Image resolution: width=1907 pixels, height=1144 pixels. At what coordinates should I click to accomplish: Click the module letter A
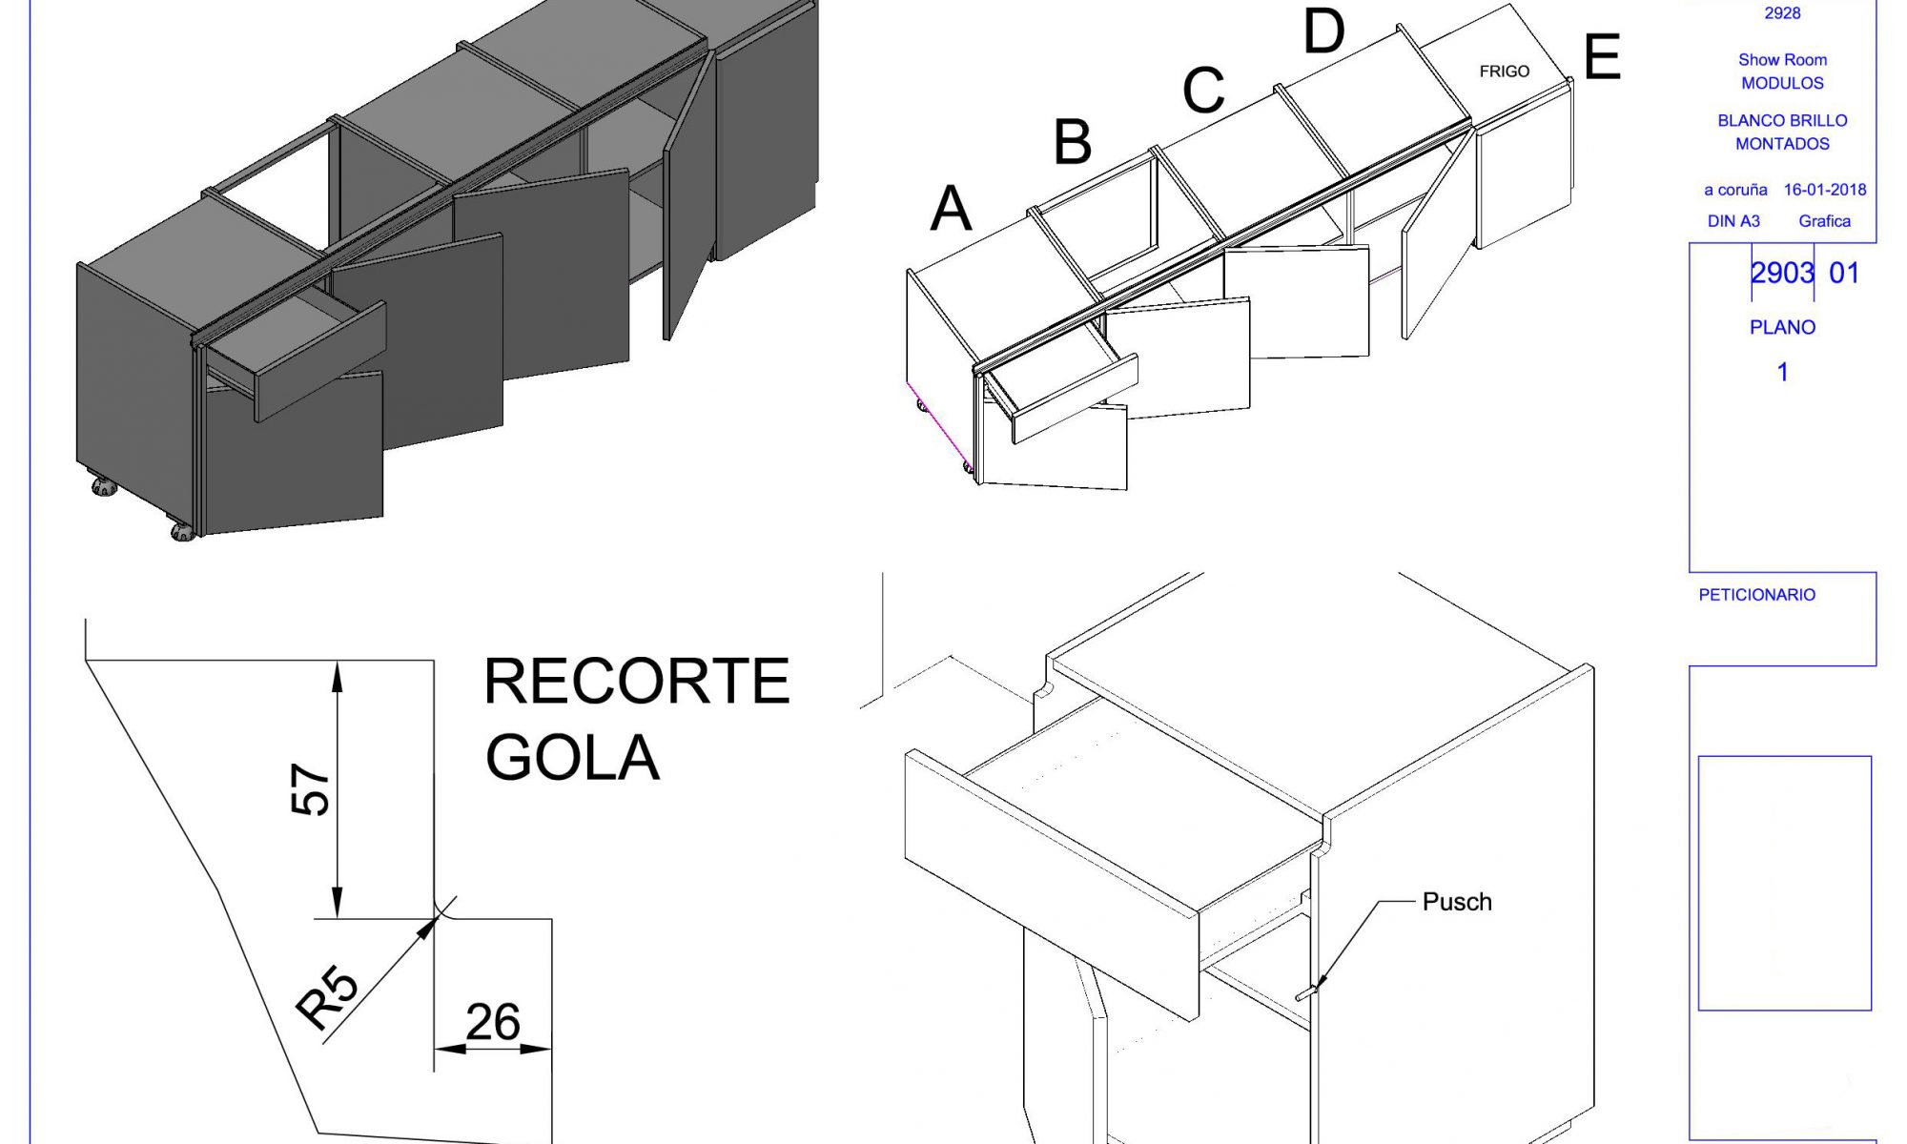pyautogui.click(x=951, y=209)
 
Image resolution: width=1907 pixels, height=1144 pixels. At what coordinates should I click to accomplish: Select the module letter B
pyautogui.click(x=1072, y=142)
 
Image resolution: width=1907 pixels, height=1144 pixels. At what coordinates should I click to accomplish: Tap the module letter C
pyautogui.click(x=1202, y=91)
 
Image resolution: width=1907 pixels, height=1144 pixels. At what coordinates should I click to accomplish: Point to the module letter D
pyautogui.click(x=1323, y=32)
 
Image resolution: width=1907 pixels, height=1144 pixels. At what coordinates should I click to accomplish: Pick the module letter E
pyautogui.click(x=1602, y=57)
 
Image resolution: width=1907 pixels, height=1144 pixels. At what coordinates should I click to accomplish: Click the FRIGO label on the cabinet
pyautogui.click(x=1504, y=71)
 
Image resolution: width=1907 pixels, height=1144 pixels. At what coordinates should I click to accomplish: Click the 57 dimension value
pyautogui.click(x=310, y=788)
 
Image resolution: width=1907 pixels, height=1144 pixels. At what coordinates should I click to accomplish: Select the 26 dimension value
pyautogui.click(x=492, y=1022)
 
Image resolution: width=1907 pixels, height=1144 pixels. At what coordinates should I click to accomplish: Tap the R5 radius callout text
pyautogui.click(x=327, y=996)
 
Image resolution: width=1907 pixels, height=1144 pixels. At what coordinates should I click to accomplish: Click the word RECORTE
pyautogui.click(x=636, y=682)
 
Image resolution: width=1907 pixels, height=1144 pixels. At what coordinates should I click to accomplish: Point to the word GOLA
pyautogui.click(x=572, y=758)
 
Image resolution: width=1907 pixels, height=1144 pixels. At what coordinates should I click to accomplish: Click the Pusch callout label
pyautogui.click(x=1456, y=902)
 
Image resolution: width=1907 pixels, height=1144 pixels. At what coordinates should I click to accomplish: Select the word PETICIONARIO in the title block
pyautogui.click(x=1756, y=595)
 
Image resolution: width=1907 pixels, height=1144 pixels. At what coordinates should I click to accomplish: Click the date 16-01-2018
pyautogui.click(x=1824, y=190)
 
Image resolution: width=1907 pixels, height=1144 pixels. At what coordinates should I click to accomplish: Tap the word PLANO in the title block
pyautogui.click(x=1781, y=327)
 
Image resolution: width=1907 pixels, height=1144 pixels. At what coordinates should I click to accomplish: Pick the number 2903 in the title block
pyautogui.click(x=1781, y=274)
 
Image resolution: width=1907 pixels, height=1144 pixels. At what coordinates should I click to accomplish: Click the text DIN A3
pyautogui.click(x=1733, y=221)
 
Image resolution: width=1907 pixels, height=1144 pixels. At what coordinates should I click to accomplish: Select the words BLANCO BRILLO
pyautogui.click(x=1781, y=121)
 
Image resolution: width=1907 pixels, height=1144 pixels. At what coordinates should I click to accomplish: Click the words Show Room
pyautogui.click(x=1781, y=60)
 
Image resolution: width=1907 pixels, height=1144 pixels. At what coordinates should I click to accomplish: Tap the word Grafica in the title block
pyautogui.click(x=1824, y=221)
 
